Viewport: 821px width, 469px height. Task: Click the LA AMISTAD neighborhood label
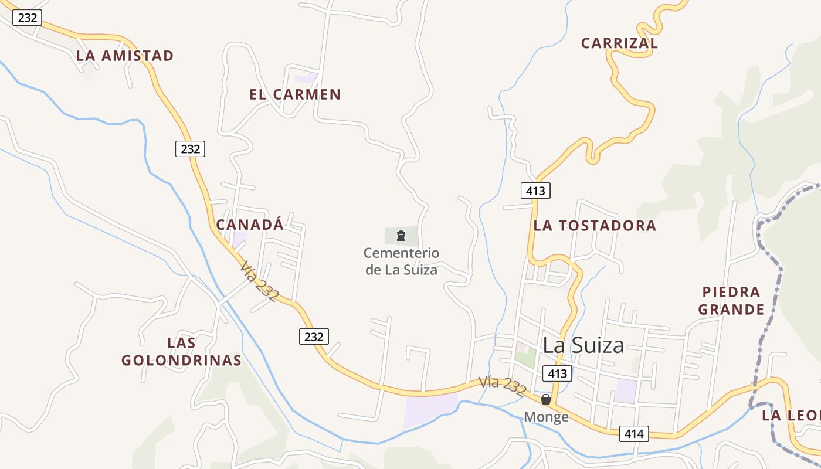click(x=125, y=56)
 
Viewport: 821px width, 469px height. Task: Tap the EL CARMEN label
click(x=295, y=94)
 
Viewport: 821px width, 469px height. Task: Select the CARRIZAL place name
click(x=619, y=43)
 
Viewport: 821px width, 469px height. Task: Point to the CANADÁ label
click(x=250, y=225)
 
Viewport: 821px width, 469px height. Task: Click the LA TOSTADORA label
click(x=595, y=226)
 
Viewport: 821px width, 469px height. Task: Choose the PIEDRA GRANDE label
click(x=731, y=300)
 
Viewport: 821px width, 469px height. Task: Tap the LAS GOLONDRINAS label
click(x=181, y=351)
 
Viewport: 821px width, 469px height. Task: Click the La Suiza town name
click(x=583, y=345)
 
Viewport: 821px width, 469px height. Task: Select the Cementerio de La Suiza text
click(x=401, y=261)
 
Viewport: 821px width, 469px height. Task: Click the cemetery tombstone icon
click(x=401, y=236)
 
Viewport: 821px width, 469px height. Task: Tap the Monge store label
click(x=546, y=417)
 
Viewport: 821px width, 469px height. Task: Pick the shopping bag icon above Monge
click(x=546, y=399)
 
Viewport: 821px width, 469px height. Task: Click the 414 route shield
click(x=634, y=434)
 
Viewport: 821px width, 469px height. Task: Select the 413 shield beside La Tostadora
click(x=535, y=191)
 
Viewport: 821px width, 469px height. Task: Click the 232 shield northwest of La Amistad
click(x=28, y=18)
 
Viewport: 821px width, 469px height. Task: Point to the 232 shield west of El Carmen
click(x=190, y=149)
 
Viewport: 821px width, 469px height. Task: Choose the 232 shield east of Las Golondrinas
click(x=314, y=337)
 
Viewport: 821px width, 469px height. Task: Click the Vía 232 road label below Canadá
click(x=259, y=281)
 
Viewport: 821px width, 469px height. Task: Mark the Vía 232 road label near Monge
click(x=502, y=386)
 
